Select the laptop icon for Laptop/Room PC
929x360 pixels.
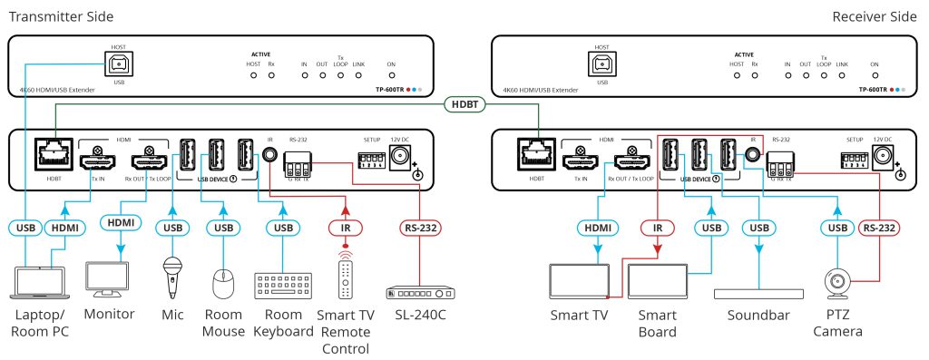tap(37, 282)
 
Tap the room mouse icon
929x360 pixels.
tap(222, 284)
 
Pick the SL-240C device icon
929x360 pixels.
tap(420, 292)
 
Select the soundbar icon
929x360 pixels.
tap(760, 293)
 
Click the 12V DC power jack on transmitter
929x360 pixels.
tap(398, 160)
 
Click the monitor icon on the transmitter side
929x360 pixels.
tap(109, 280)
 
